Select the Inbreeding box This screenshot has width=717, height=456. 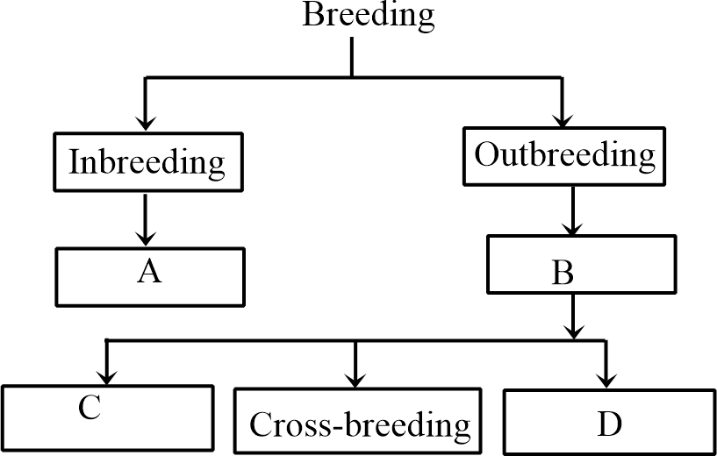(147, 163)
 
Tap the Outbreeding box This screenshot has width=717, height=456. (564, 156)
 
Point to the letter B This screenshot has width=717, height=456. (563, 274)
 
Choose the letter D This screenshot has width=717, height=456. (609, 425)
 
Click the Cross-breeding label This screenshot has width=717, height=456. (360, 425)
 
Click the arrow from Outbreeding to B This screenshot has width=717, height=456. (572, 210)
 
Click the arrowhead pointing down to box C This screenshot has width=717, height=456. (107, 374)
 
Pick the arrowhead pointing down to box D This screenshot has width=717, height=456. (606, 377)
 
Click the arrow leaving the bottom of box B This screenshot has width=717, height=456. (573, 316)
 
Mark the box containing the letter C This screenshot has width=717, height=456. (107, 419)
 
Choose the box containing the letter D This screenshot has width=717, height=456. (609, 420)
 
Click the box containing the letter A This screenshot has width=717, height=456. (149, 277)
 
